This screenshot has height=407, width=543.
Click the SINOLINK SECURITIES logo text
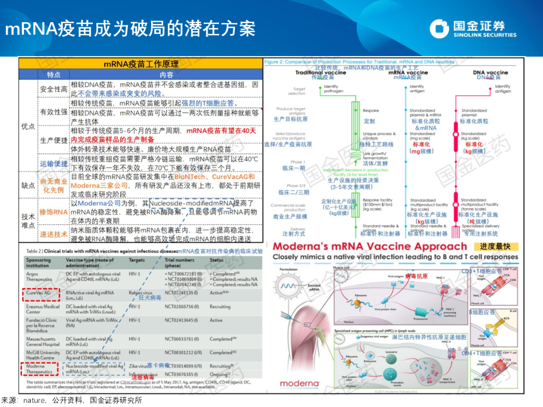point(484,35)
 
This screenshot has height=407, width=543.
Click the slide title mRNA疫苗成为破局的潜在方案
point(130,28)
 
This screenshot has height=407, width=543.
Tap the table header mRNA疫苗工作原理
point(141,64)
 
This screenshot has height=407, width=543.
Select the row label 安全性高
point(54,89)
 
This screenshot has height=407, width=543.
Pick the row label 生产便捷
point(54,140)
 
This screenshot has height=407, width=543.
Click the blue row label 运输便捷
point(54,164)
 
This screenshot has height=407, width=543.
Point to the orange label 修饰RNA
point(54,211)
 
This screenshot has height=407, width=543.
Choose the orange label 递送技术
point(54,234)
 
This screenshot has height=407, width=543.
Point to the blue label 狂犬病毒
point(150,298)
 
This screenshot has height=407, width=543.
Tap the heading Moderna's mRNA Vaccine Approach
point(369,246)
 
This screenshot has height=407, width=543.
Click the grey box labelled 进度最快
point(495,246)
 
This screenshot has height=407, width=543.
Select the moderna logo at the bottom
point(299,383)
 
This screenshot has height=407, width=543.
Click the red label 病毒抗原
point(416,277)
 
